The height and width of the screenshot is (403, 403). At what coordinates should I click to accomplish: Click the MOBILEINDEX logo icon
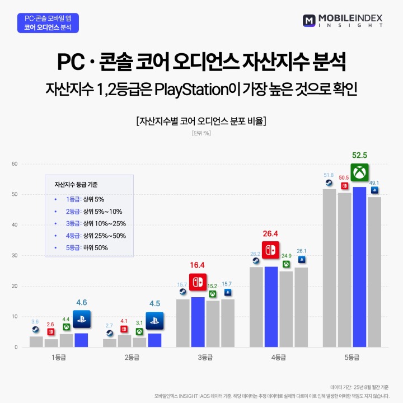click(310, 21)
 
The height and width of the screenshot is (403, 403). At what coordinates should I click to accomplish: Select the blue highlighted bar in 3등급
click(198, 322)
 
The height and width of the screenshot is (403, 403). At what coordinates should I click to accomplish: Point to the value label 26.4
click(270, 233)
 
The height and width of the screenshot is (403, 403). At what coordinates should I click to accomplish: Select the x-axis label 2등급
click(132, 357)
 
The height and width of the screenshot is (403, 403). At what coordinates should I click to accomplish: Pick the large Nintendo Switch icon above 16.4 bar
click(198, 282)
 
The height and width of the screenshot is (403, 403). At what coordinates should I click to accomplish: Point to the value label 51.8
click(329, 175)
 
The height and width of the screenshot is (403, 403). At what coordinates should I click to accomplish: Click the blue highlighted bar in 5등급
click(359, 266)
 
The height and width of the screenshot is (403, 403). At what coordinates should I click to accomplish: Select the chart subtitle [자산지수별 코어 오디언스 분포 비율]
click(201, 120)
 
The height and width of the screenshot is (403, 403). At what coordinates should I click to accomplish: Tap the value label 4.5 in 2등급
click(154, 304)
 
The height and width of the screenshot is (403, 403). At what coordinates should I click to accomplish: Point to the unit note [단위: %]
click(201, 133)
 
